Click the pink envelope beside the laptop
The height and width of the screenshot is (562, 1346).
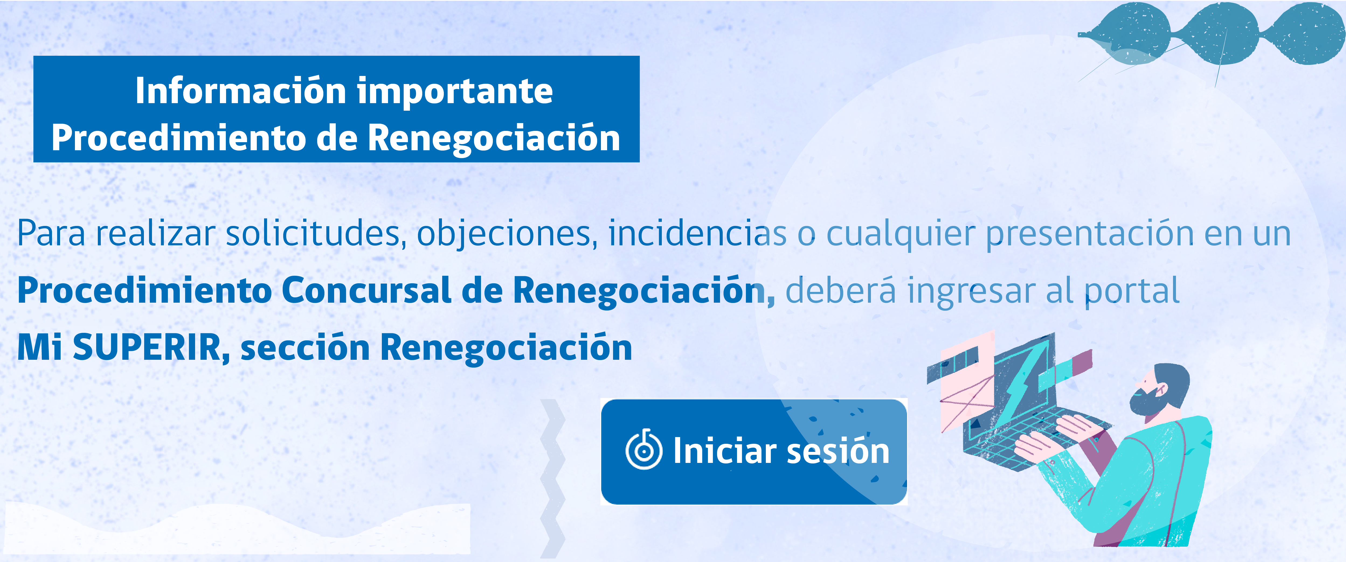[967, 397]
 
